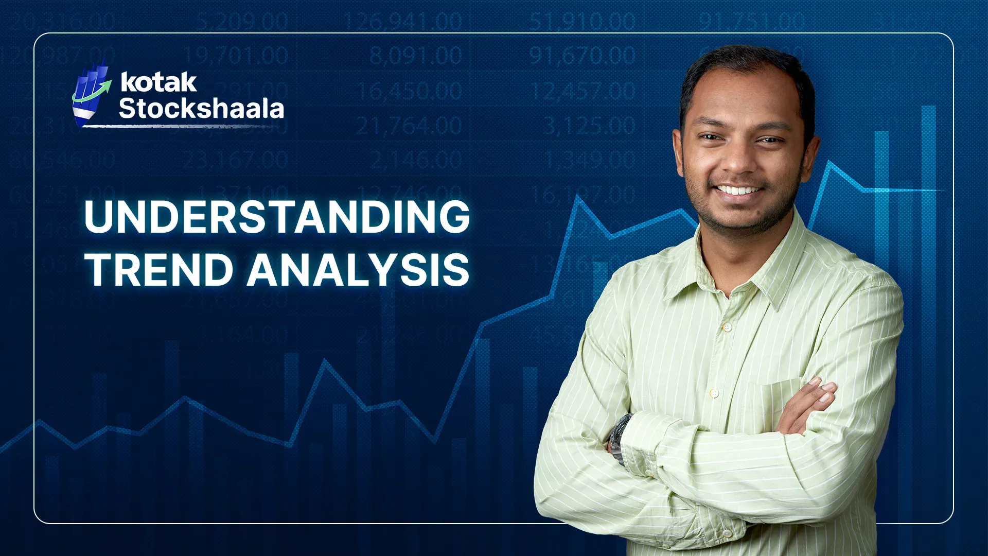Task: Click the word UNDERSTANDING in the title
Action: pos(277,217)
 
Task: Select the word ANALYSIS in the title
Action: pos(358,270)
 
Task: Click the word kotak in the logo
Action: pos(158,82)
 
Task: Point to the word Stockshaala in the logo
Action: pos(201,109)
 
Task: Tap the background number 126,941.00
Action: pos(402,22)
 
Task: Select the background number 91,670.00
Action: pos(582,56)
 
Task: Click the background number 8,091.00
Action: pos(415,56)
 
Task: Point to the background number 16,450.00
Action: pos(410,91)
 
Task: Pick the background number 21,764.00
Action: pos(409,126)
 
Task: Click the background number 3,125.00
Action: pos(589,126)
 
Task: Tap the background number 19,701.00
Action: pos(235,56)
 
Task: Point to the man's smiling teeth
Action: pos(739,190)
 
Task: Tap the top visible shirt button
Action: pos(727,327)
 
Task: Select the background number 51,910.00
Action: pos(582,22)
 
